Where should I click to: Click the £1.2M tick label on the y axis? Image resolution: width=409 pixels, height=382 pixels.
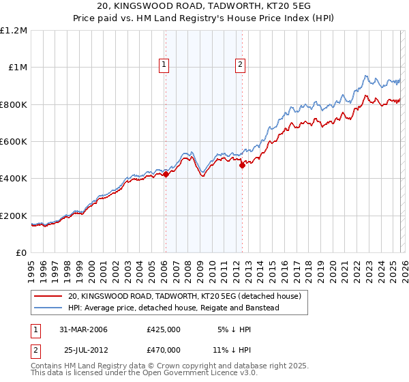click(x=14, y=31)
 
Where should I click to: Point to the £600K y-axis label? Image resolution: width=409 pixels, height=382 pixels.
click(x=14, y=142)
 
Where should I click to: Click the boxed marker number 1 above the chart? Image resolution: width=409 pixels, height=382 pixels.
click(x=165, y=65)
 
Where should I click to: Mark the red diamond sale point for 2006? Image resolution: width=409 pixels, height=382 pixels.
click(x=166, y=174)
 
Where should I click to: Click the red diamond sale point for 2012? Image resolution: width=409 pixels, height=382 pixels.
click(x=242, y=166)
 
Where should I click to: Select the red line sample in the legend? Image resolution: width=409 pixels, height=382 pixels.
click(x=47, y=296)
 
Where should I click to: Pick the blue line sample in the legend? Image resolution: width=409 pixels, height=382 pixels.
click(x=47, y=308)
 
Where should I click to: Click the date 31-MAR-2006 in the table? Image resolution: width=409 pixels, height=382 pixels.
click(x=85, y=329)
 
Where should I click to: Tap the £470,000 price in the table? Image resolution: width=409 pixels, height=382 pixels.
click(x=164, y=349)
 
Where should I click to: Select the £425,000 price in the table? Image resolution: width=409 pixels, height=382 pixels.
click(x=164, y=329)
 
